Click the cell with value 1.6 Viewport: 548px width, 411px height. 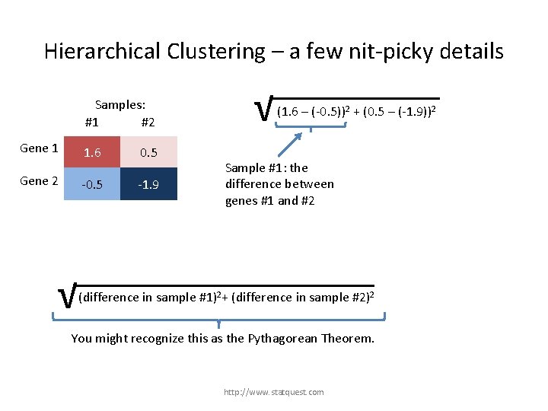(x=92, y=152)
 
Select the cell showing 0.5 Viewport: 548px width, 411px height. (x=148, y=152)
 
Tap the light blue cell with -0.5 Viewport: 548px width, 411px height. (x=92, y=184)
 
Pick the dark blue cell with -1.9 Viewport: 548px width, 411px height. (x=148, y=184)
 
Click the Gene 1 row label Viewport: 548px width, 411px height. (x=40, y=148)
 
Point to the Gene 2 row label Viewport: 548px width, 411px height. (x=40, y=181)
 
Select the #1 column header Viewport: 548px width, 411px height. (x=92, y=122)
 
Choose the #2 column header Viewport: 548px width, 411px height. (x=148, y=122)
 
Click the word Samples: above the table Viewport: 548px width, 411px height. (x=120, y=105)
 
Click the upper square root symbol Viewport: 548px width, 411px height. (x=264, y=110)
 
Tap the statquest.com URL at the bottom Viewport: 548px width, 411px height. (x=273, y=392)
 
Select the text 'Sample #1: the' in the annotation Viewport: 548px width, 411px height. (x=266, y=168)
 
